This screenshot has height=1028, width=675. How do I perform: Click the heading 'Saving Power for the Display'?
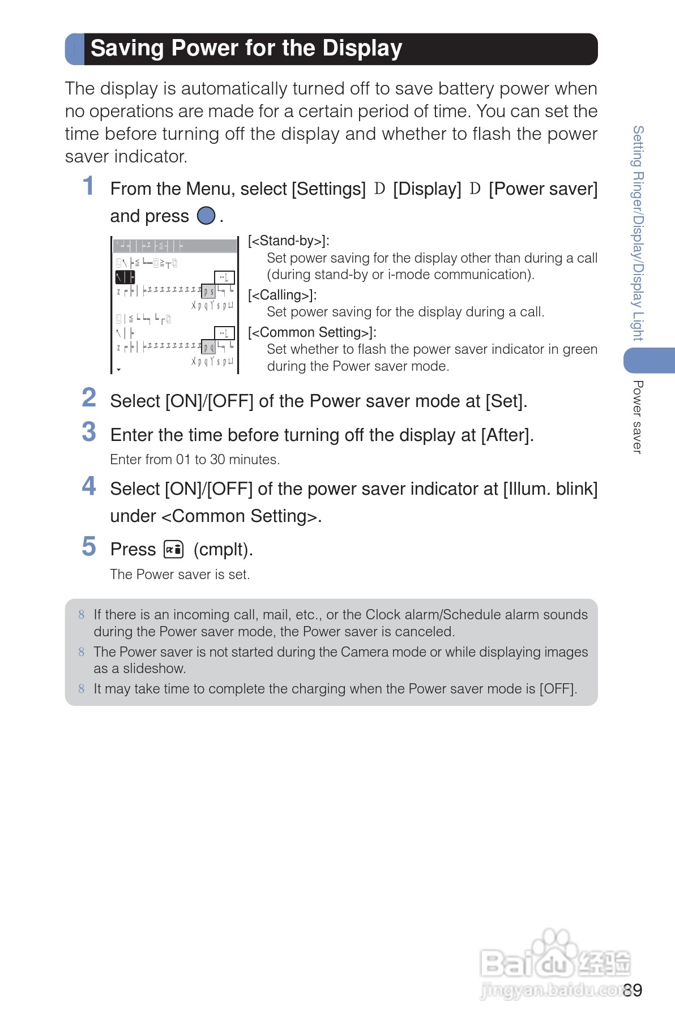click(x=246, y=49)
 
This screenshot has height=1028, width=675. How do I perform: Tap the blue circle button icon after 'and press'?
click(x=206, y=216)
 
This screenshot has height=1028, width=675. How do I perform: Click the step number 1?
click(x=88, y=186)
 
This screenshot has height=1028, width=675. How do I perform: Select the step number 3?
click(x=89, y=432)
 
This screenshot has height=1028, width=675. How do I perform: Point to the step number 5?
click(x=89, y=547)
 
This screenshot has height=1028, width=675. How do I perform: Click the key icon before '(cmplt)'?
click(x=173, y=549)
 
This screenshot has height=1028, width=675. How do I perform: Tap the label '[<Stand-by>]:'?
click(x=289, y=241)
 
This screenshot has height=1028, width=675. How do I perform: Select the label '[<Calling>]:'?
click(x=282, y=295)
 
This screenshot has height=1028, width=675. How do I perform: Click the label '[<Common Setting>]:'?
click(x=312, y=332)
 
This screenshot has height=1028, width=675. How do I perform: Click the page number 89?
click(x=633, y=990)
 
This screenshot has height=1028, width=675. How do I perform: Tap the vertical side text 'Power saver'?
click(x=638, y=417)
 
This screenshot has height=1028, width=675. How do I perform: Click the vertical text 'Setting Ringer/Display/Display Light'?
click(x=638, y=233)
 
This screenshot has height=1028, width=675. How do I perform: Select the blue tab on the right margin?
click(x=650, y=361)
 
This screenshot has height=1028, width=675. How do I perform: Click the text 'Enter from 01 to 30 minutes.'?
click(x=195, y=460)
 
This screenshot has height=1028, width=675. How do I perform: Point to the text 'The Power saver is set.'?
click(x=180, y=575)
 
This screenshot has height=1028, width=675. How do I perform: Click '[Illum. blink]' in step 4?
click(x=550, y=489)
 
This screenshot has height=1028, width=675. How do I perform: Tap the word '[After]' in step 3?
click(x=507, y=435)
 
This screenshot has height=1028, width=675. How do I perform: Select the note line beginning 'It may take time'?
click(x=335, y=689)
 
